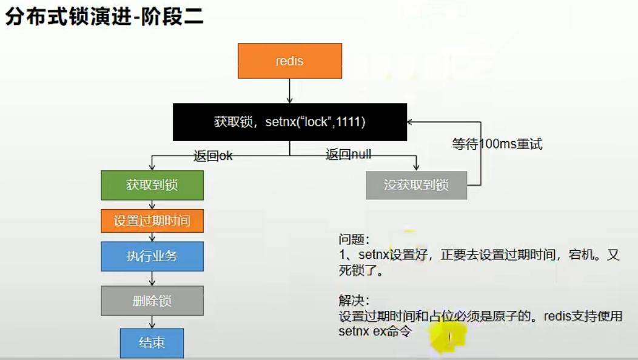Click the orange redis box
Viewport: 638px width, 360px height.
click(x=290, y=61)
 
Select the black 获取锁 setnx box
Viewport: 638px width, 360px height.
click(x=289, y=122)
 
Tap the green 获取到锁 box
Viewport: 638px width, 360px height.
click(x=152, y=185)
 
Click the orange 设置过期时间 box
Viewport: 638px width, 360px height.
click(x=152, y=221)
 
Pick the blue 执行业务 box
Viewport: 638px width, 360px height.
click(x=152, y=256)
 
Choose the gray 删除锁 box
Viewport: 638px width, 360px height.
click(x=152, y=301)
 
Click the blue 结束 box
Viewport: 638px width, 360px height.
click(x=152, y=343)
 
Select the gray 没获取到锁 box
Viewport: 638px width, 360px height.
click(x=416, y=185)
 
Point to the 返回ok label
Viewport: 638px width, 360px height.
click(x=213, y=155)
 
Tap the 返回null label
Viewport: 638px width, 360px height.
click(x=348, y=155)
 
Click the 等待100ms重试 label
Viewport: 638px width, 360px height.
click(x=497, y=144)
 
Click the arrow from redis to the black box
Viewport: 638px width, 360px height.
click(x=290, y=91)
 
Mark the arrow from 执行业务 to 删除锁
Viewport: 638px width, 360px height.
click(x=152, y=278)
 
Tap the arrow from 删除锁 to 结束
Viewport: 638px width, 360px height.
click(x=152, y=322)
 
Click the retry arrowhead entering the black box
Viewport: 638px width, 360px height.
click(x=411, y=122)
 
